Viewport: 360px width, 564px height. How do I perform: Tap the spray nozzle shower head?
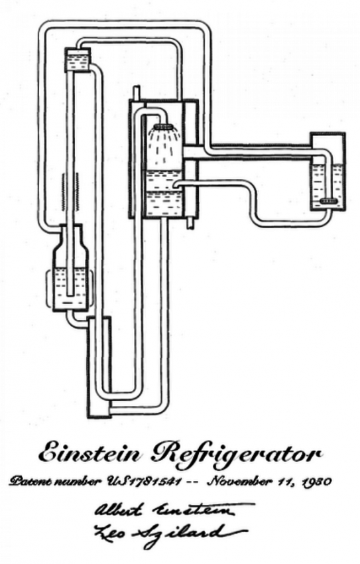[x=165, y=127]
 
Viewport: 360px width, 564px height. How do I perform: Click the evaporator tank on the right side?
[x=328, y=171]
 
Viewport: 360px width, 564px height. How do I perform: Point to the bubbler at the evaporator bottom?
[x=328, y=202]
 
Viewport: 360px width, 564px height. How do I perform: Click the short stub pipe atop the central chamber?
[x=137, y=92]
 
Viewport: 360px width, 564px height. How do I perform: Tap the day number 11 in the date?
[x=282, y=481]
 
